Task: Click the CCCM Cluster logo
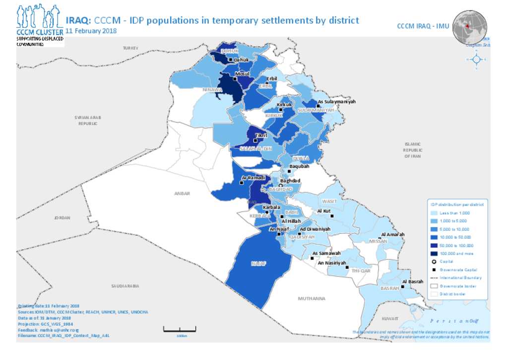point(40,25)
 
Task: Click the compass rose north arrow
point(476,59)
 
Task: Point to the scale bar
point(180,329)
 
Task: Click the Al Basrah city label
point(413,282)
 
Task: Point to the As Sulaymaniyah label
point(336,101)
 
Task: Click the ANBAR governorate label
point(182,193)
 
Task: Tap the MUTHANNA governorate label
point(312,298)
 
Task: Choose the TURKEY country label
point(130,48)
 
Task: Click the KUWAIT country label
point(390,317)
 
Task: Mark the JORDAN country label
point(63,217)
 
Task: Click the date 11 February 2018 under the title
point(91,31)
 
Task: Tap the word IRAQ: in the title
point(78,20)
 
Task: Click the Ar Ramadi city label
point(253,177)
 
